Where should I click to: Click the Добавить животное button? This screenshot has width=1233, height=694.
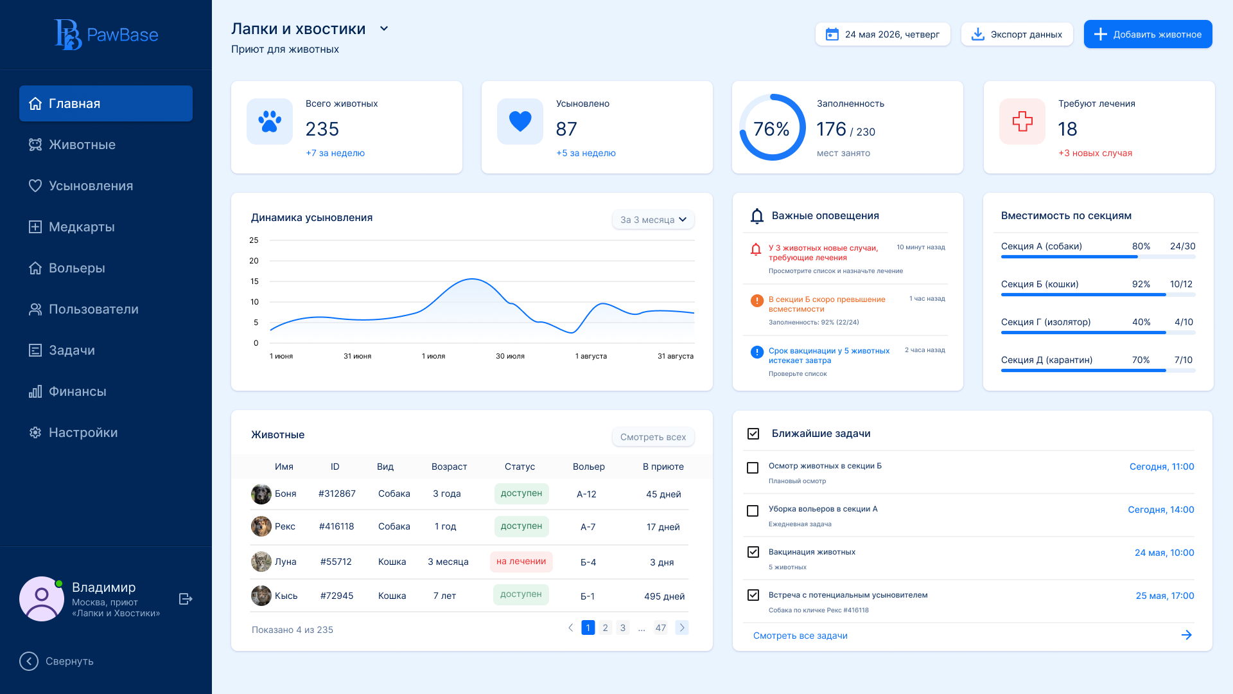click(1148, 34)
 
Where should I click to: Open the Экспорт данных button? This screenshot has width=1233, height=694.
click(1017, 34)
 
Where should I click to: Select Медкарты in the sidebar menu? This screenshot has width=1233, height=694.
click(82, 227)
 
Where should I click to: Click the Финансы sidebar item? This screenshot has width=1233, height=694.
click(77, 391)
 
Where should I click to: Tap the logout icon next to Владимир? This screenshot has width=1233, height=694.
click(186, 599)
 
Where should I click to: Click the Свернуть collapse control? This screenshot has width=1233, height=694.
click(57, 661)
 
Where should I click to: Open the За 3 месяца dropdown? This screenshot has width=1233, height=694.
click(652, 220)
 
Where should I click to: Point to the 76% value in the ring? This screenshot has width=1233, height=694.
click(771, 129)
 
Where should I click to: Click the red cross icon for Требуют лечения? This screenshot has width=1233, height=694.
click(1022, 121)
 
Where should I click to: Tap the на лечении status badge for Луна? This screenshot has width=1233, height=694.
click(521, 562)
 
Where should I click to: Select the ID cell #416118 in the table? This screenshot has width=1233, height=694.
click(337, 526)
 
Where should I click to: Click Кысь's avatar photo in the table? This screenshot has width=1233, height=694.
click(261, 596)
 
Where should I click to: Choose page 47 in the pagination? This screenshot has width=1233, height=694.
click(660, 628)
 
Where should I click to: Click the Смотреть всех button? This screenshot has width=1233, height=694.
click(652, 437)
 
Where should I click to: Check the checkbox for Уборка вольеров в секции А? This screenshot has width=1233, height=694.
click(753, 511)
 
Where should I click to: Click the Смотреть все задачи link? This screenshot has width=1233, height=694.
click(800, 636)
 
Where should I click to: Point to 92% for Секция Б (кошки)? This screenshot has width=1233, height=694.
click(1141, 284)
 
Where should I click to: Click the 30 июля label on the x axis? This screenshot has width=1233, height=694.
click(510, 356)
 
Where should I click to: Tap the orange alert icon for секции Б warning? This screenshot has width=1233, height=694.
click(757, 300)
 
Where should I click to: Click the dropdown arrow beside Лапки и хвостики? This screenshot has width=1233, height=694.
click(384, 28)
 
